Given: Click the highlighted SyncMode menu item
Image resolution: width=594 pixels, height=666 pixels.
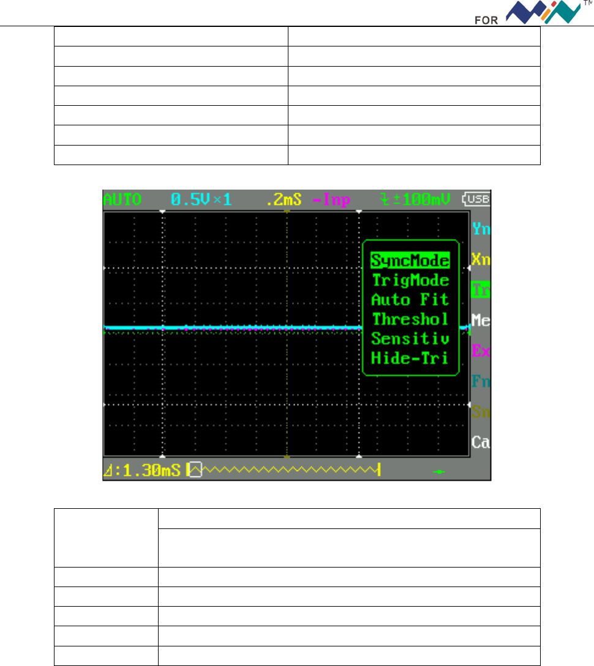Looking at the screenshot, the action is click(410, 261).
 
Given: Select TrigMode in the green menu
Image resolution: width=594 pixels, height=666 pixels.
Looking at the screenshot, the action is click(410, 280).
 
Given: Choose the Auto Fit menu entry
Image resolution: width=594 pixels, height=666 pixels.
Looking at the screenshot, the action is click(410, 300).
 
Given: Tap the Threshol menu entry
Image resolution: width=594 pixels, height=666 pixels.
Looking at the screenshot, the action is click(410, 319).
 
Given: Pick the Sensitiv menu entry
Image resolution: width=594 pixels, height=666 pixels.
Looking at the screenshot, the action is click(410, 338).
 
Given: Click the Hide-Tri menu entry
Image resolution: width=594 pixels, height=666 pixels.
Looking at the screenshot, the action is click(410, 358).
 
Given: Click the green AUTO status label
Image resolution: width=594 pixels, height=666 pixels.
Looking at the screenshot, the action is click(122, 199).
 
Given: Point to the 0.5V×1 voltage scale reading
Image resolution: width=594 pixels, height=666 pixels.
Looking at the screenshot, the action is click(201, 199).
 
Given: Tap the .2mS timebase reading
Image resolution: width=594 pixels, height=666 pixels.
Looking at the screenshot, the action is click(282, 199).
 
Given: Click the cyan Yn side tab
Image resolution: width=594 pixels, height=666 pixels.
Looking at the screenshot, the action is click(481, 229).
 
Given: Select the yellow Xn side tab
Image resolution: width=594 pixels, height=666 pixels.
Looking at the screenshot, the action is click(481, 260).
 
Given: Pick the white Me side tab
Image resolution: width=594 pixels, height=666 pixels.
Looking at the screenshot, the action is click(481, 319).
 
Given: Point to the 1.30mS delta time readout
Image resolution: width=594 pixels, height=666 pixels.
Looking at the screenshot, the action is click(143, 470).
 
